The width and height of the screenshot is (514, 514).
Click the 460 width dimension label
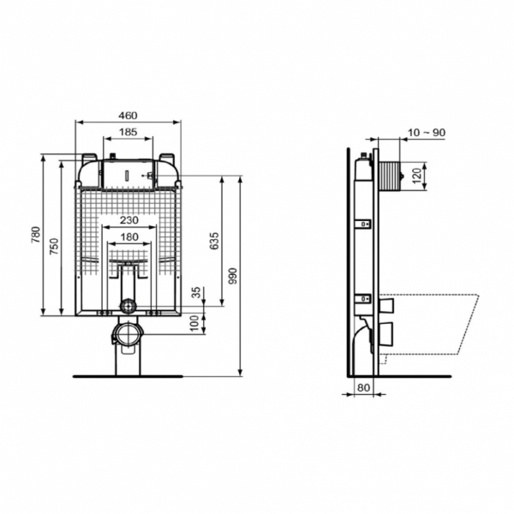[x=128, y=116]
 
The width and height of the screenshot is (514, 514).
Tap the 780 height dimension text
[x=36, y=234]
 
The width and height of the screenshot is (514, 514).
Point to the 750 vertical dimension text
[x=54, y=245]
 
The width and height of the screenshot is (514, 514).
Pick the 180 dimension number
[x=128, y=236]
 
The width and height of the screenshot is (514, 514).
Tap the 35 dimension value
[x=196, y=293]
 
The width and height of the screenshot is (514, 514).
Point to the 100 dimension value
[x=196, y=321]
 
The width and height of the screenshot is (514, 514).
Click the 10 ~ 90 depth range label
[x=426, y=132]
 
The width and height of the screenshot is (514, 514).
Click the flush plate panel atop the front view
[x=128, y=175]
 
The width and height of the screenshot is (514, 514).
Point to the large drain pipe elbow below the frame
[x=128, y=335]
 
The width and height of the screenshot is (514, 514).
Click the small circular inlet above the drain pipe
[x=128, y=305]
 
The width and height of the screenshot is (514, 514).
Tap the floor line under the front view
[x=128, y=375]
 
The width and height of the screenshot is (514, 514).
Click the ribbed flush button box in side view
[x=391, y=176]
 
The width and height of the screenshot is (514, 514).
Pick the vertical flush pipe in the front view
[x=128, y=282]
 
